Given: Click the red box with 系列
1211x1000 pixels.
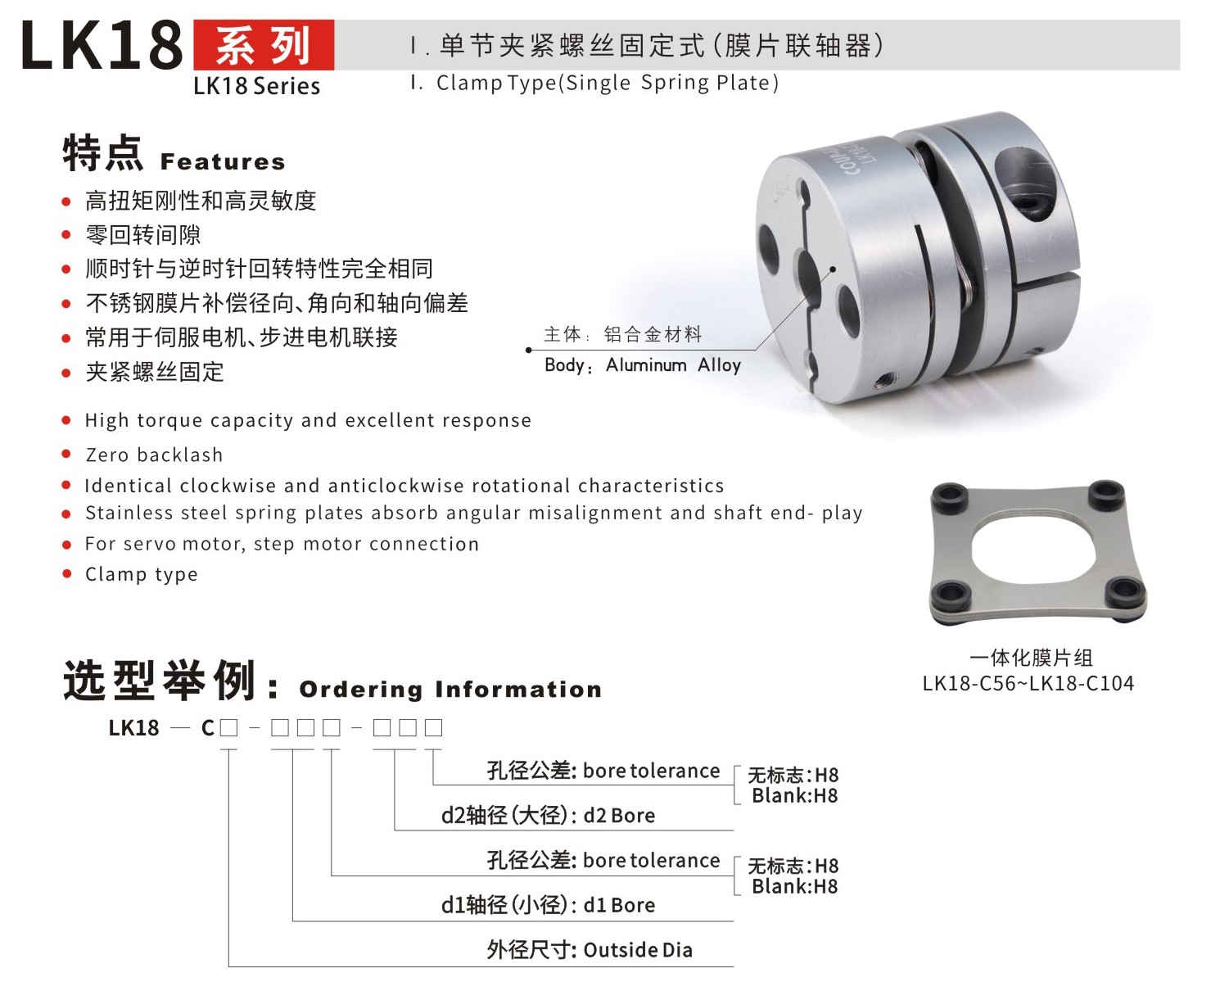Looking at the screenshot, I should tap(263, 45).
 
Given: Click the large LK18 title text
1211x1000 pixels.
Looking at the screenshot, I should tap(102, 46).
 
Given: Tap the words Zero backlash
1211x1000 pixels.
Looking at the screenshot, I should tap(154, 455).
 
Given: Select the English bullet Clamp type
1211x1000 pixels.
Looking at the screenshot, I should tap(142, 574).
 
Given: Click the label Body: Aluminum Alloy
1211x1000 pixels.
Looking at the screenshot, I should tap(642, 365).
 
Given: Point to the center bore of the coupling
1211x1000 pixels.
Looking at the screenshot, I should tap(807, 278).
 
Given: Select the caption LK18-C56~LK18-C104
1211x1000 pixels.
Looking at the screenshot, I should tap(1028, 683).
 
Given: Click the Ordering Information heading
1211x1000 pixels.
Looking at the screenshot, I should tap(450, 690).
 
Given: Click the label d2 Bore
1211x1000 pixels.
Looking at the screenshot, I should tap(548, 816).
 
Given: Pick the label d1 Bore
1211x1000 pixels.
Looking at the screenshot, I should tap(548, 905).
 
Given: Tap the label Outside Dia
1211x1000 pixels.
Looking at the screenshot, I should tap(590, 950).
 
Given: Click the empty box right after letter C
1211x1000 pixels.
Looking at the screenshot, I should tap(228, 727).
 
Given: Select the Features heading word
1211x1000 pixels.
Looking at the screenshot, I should tap(223, 161).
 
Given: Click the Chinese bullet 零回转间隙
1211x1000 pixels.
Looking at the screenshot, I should tap(143, 235).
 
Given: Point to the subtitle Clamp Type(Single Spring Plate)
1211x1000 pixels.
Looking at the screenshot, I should tap(607, 83).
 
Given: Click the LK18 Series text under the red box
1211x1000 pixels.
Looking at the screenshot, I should tap(256, 86).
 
